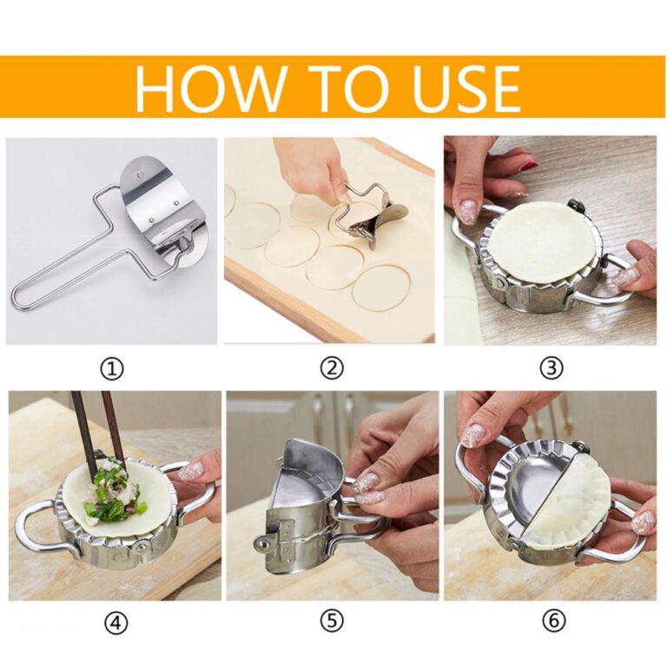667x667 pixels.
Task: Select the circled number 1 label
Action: (x=111, y=368)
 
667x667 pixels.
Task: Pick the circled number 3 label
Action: (x=551, y=368)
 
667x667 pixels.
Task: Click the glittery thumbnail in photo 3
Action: (x=468, y=212)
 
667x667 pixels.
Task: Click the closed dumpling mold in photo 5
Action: (x=300, y=504)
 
